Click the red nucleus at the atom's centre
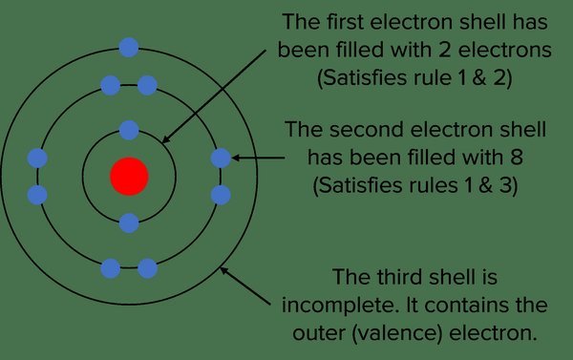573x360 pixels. click(x=129, y=176)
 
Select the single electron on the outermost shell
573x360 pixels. click(x=129, y=47)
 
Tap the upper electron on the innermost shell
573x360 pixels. click(x=129, y=130)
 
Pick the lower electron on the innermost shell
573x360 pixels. click(x=129, y=222)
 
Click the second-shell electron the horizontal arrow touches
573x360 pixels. click(x=221, y=159)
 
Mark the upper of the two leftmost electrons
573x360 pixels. click(x=37, y=159)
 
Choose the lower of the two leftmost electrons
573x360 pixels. click(x=37, y=195)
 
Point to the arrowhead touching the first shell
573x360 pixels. click(x=165, y=138)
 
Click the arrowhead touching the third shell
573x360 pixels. click(x=224, y=271)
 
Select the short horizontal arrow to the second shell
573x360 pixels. click(x=258, y=158)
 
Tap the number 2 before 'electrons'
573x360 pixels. click(x=444, y=50)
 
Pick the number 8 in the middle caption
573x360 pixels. click(x=516, y=158)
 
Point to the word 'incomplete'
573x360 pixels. click(x=340, y=306)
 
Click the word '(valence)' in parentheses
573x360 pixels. click(x=397, y=333)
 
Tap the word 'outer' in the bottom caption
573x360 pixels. click(x=319, y=333)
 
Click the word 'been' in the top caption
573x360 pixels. click(x=304, y=50)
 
